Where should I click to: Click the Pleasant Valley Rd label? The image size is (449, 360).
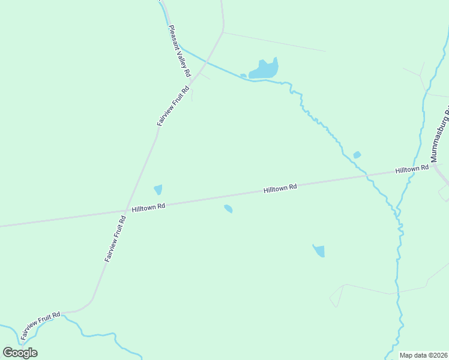[x=179, y=50]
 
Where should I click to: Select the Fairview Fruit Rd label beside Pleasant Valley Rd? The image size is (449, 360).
[x=173, y=106]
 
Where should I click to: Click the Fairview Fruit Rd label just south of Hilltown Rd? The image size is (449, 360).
[x=115, y=239]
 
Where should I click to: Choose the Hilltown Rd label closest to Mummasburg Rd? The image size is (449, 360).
[x=412, y=170]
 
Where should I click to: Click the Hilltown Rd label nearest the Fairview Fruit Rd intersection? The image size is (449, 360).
[x=148, y=207]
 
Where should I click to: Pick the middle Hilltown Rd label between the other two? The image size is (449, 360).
[x=280, y=188]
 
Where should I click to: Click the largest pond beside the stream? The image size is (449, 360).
[x=265, y=70]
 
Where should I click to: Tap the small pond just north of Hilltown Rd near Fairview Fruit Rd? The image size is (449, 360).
[x=158, y=190]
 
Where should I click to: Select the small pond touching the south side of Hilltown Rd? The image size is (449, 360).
[x=228, y=209]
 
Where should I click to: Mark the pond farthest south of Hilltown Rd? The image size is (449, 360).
[x=319, y=250]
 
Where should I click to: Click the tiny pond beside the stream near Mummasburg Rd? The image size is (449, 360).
[x=357, y=155]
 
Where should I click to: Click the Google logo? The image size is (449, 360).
[x=20, y=352]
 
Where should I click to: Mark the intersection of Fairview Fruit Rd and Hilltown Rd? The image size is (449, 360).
[x=125, y=210]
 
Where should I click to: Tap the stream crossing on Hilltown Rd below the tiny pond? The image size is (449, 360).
[x=365, y=175]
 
